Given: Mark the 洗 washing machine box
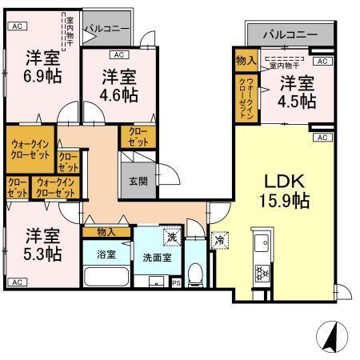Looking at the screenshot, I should click(171, 237).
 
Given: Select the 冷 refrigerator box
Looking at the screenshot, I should click(219, 238).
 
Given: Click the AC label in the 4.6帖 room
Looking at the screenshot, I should click(118, 55).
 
